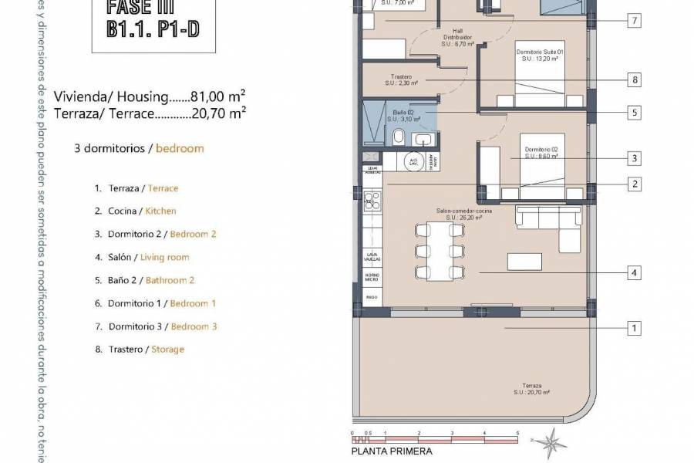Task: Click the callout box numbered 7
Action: [633, 21]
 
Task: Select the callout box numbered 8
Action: [633, 79]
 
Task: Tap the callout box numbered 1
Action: [633, 329]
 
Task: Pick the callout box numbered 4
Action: [633, 272]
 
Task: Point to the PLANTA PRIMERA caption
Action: [391, 451]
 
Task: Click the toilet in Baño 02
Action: [399, 139]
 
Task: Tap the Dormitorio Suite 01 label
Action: [540, 55]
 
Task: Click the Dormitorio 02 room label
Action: [541, 152]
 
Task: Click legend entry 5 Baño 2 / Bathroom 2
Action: [143, 280]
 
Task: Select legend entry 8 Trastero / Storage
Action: [139, 349]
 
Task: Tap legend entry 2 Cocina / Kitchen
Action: [135, 211]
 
